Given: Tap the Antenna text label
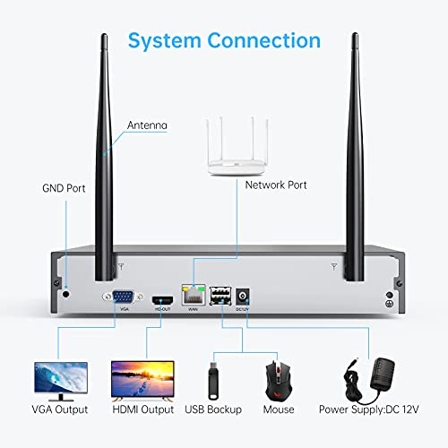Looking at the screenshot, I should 148,125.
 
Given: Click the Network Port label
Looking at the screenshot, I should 276,185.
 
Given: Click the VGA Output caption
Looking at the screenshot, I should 59,410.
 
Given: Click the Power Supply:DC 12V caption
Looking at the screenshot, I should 369,410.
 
